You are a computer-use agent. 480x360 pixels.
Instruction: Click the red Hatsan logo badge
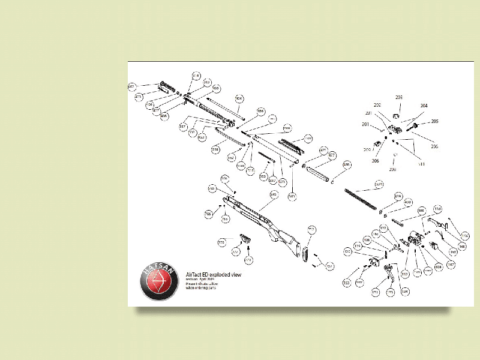pyautogui.click(x=160, y=280)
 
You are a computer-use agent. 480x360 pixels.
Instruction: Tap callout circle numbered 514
pyautogui.click(x=196, y=76)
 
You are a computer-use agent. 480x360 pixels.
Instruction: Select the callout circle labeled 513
pyautogui.click(x=208, y=82)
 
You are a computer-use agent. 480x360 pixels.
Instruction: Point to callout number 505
pyautogui.click(x=216, y=88)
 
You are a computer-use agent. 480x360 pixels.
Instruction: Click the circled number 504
pyautogui.click(x=239, y=98)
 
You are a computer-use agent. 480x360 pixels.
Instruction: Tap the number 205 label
pyautogui.click(x=434, y=121)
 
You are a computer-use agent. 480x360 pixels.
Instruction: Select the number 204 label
pyautogui.click(x=424, y=106)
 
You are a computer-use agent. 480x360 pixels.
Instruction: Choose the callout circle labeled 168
pyautogui.click(x=462, y=246)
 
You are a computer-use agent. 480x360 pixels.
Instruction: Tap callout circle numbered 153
pyautogui.click(x=347, y=282)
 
